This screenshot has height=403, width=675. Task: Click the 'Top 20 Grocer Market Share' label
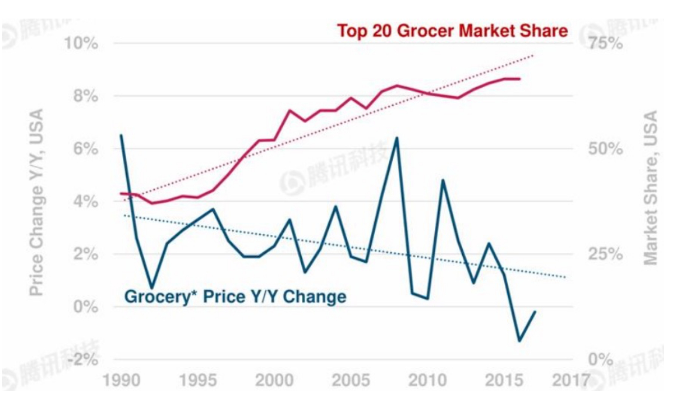(452, 31)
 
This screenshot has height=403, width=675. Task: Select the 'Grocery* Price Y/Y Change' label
(236, 296)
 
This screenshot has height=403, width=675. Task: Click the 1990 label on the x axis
(121, 381)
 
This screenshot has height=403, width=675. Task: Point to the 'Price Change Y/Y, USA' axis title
(36, 202)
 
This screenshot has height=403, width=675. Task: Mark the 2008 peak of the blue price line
(397, 138)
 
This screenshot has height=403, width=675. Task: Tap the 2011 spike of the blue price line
(443, 180)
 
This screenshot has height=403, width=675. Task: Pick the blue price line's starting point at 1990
(121, 135)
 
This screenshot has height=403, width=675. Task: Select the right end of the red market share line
(519, 79)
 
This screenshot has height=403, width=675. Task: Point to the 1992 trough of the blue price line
(152, 288)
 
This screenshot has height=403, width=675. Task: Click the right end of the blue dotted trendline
(565, 277)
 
